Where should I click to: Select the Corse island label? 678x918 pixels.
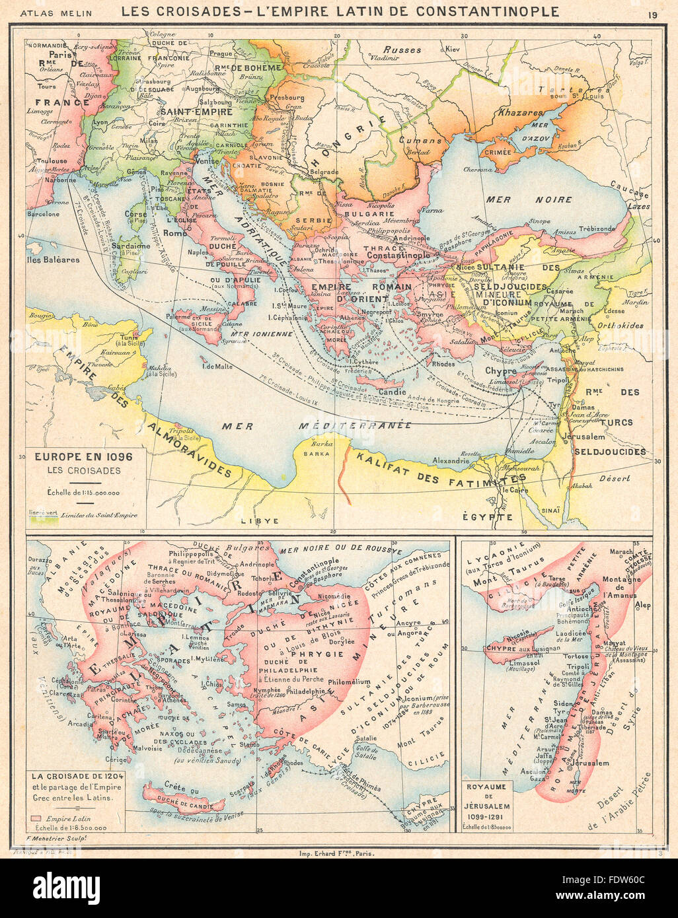pos(136,215)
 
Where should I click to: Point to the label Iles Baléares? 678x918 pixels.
pos(54,260)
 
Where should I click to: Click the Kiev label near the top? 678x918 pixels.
pos(452,50)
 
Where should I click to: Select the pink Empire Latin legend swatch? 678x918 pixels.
pos(36,817)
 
